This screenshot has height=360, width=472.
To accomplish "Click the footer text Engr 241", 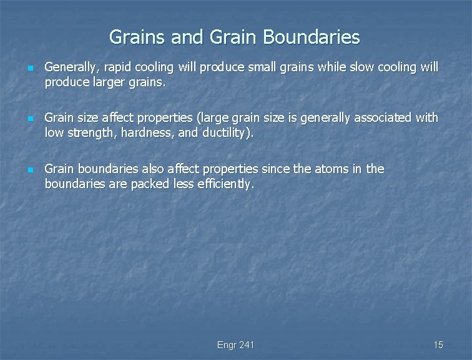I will [235, 345].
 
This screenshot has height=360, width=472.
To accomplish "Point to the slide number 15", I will [438, 345].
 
